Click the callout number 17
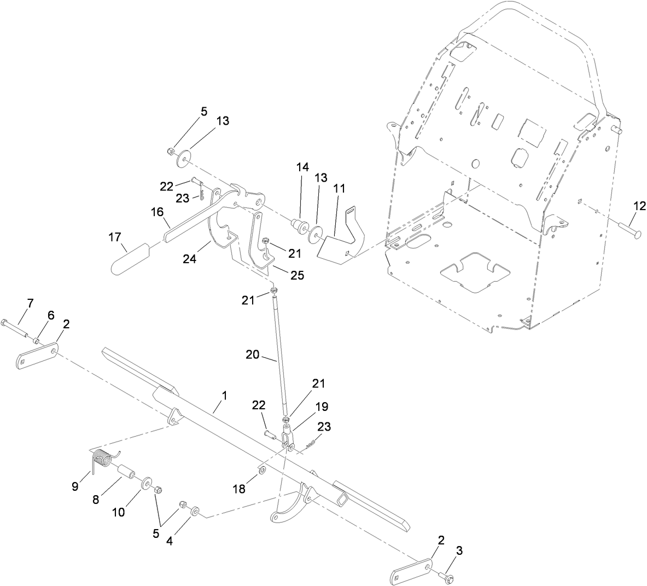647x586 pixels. point(114,237)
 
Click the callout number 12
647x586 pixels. point(639,206)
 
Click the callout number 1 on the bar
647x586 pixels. point(224,394)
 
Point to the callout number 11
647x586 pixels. point(340,188)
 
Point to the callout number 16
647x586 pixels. point(158,211)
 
